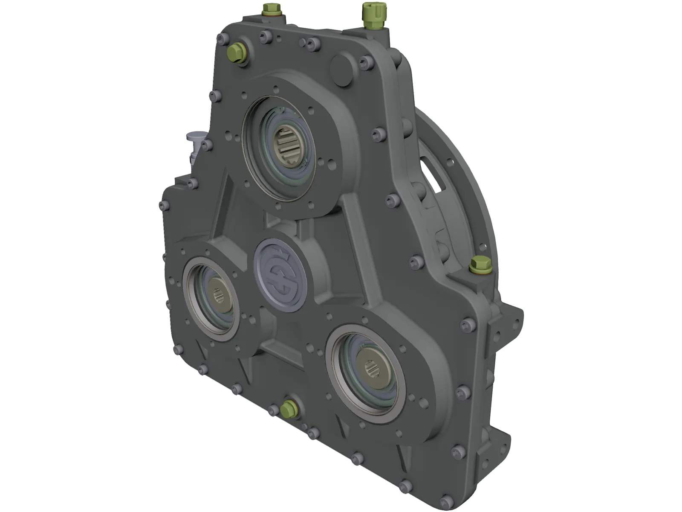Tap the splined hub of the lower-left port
tap(222, 296)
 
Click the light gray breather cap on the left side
tap(195, 139)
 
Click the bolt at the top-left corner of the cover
tap(221, 39)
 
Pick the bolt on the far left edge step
tap(162, 206)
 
